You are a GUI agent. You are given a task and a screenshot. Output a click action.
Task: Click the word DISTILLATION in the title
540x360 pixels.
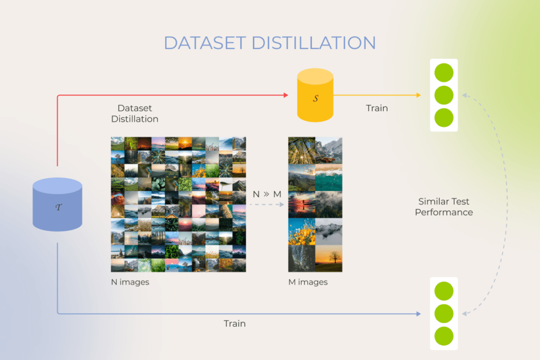pyautogui.click(x=315, y=43)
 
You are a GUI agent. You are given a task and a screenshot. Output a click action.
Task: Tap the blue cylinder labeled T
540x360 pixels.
pyautogui.click(x=57, y=205)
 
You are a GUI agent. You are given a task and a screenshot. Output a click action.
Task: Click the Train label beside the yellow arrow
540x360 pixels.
pyautogui.click(x=377, y=108)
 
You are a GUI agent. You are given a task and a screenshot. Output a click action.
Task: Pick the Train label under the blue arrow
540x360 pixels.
pyautogui.click(x=234, y=323)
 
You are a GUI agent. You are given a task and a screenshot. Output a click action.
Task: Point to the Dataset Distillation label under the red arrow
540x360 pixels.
pyautogui.click(x=134, y=114)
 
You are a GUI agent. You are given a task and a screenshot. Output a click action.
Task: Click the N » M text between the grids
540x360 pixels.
pyautogui.click(x=267, y=194)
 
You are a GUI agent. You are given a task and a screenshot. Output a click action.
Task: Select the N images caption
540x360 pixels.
pyautogui.click(x=130, y=282)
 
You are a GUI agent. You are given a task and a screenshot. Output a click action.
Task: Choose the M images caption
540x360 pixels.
pyautogui.click(x=307, y=282)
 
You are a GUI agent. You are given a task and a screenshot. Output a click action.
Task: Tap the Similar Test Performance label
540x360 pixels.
pyautogui.click(x=443, y=207)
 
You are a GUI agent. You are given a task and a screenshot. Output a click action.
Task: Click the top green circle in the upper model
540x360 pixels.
pyautogui.click(x=443, y=72)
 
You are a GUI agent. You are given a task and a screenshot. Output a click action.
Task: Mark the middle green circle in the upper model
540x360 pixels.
pyautogui.click(x=443, y=95)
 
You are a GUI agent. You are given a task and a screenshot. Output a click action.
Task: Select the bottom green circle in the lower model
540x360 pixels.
pyautogui.click(x=443, y=336)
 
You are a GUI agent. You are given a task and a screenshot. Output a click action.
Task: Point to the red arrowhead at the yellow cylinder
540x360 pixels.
pyautogui.click(x=286, y=95)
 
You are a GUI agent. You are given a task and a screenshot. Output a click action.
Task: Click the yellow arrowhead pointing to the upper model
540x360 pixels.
pyautogui.click(x=418, y=95)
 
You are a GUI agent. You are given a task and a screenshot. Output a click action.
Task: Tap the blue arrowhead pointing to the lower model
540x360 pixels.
pyautogui.click(x=418, y=314)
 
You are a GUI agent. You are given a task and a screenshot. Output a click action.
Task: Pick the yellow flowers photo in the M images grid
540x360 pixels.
pyautogui.click(x=302, y=231)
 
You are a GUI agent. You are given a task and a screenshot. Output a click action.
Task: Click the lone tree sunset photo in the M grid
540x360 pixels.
pyautogui.click(x=329, y=258)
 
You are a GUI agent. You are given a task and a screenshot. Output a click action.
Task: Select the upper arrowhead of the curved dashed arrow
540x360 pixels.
pyautogui.click(x=465, y=96)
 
